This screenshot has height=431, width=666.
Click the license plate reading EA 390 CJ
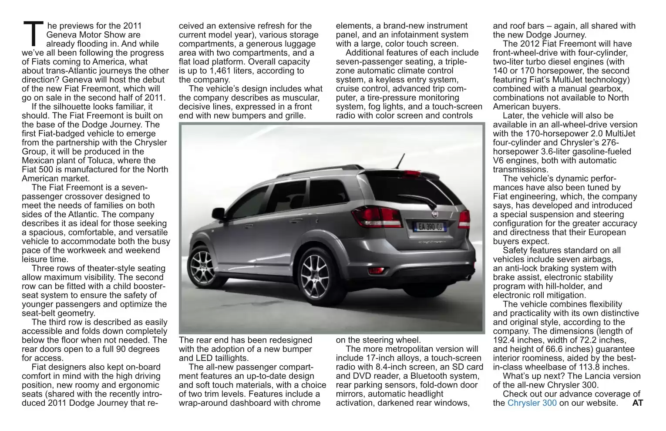(x=429, y=226)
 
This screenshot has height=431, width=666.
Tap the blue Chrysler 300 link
(x=532, y=403)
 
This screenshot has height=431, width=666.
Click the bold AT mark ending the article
(x=637, y=403)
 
